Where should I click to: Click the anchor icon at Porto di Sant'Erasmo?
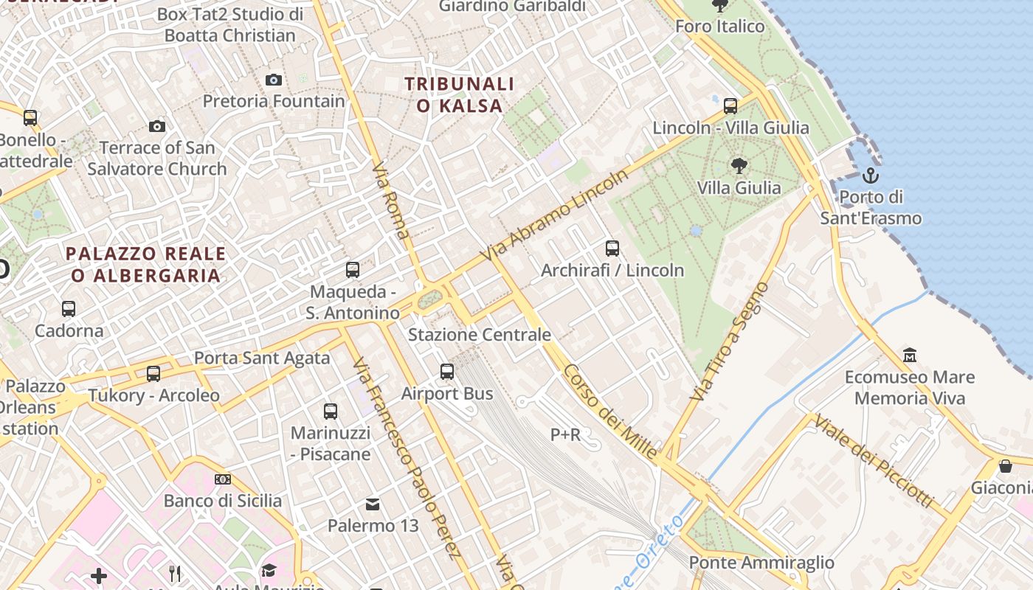point(871,176)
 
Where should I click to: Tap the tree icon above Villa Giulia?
point(739,165)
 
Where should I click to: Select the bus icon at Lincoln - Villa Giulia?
point(730,106)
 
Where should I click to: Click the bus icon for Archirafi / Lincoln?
point(612,249)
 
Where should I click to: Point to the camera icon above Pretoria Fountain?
point(274,80)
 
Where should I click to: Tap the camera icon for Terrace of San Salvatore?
point(156,126)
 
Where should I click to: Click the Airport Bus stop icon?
point(447,372)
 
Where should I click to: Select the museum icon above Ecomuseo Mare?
point(910,355)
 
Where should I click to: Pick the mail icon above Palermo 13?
point(373,504)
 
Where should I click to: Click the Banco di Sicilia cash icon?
point(223,479)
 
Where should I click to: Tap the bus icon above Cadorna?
point(69,308)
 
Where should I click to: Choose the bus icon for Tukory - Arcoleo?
point(153,374)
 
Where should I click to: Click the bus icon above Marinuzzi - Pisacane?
point(331,412)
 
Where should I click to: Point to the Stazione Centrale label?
point(480,335)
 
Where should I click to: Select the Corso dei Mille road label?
point(609,412)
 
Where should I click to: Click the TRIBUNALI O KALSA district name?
point(459,95)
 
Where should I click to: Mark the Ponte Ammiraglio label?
point(761,563)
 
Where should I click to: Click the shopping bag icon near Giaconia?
point(1005,466)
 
